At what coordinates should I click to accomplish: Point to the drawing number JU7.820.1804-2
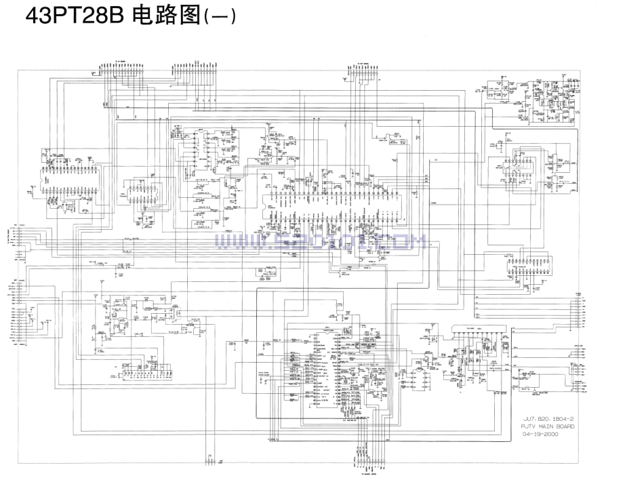(x=548, y=419)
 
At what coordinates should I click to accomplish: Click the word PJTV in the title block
(x=530, y=427)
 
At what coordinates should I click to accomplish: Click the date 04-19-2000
(x=544, y=435)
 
